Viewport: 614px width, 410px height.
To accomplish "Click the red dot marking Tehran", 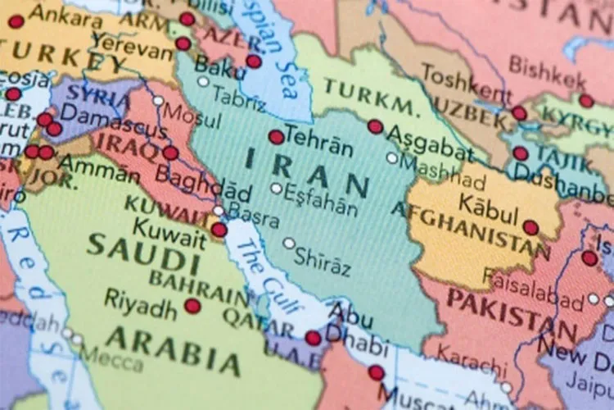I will pyautogui.click(x=277, y=137).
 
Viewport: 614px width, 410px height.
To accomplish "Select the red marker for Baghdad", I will pyautogui.click(x=170, y=153).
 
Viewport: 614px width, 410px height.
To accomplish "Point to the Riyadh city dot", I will pyautogui.click(x=192, y=306).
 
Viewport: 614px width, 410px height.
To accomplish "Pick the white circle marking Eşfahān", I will pyautogui.click(x=277, y=189).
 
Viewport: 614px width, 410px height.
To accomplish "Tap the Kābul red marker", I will pyautogui.click(x=531, y=227).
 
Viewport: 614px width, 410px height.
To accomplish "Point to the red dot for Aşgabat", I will pyautogui.click(x=375, y=126).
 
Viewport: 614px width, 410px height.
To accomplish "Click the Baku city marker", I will pyautogui.click(x=254, y=61).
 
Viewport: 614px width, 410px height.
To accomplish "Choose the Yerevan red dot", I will pyautogui.click(x=183, y=43).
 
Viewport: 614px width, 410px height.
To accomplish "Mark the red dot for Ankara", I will pyautogui.click(x=16, y=21).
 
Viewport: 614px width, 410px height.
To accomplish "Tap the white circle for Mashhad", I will pyautogui.click(x=392, y=158).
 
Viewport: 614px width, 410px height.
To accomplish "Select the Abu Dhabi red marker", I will pyautogui.click(x=314, y=338).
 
